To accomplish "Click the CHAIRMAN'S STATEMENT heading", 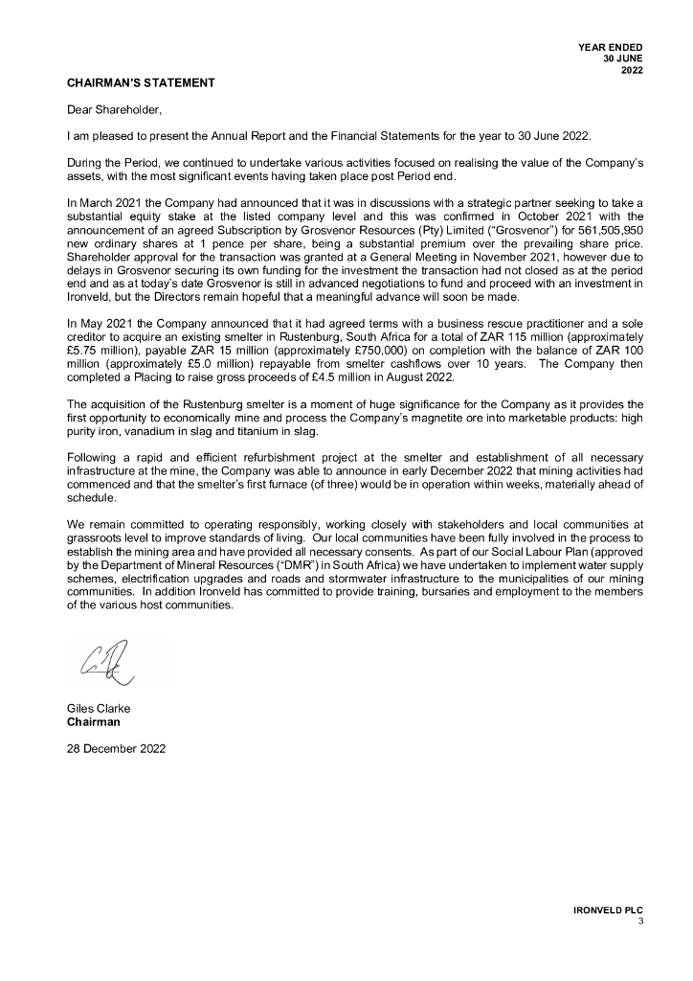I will click(x=141, y=83).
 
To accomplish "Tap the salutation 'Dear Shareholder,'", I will click(x=109, y=110).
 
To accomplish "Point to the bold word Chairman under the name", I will click(x=94, y=721).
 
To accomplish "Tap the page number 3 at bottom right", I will click(x=640, y=922).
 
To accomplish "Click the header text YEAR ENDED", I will click(x=611, y=47).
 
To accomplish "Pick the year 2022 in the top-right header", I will click(x=632, y=70).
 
